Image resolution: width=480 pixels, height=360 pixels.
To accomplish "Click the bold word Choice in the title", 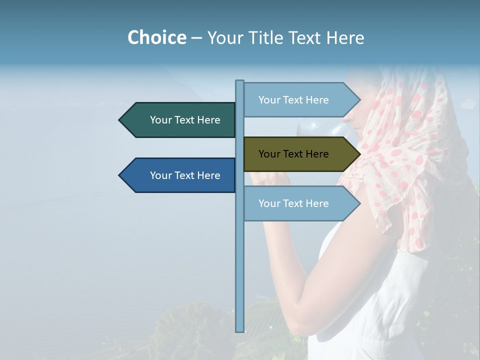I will [156, 37].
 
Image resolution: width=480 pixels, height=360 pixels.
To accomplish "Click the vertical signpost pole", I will [239, 250].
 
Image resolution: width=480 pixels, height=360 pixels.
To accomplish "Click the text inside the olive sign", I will [293, 154].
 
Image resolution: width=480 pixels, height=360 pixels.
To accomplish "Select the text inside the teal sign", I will [185, 120].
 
